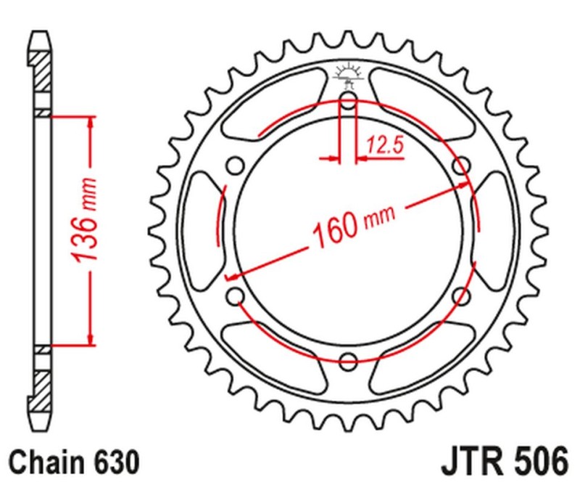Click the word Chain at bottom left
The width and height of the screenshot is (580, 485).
click(44, 460)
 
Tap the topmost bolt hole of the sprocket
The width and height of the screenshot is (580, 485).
click(348, 101)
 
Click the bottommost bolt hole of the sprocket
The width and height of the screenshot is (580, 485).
click(348, 361)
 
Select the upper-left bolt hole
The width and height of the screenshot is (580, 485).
click(235, 166)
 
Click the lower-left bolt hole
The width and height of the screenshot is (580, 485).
click(235, 296)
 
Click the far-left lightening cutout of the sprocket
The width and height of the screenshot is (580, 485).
click(205, 231)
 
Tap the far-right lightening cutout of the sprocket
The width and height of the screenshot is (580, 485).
click(491, 231)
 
